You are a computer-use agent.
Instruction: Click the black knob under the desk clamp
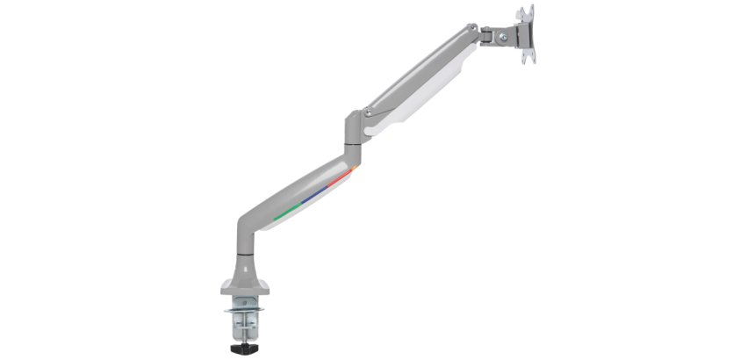coord(239,349)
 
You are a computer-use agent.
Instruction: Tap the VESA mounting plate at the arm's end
coord(526,35)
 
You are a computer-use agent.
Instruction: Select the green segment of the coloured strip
coord(282,213)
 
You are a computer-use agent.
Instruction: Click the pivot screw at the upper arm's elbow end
coord(368,112)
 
